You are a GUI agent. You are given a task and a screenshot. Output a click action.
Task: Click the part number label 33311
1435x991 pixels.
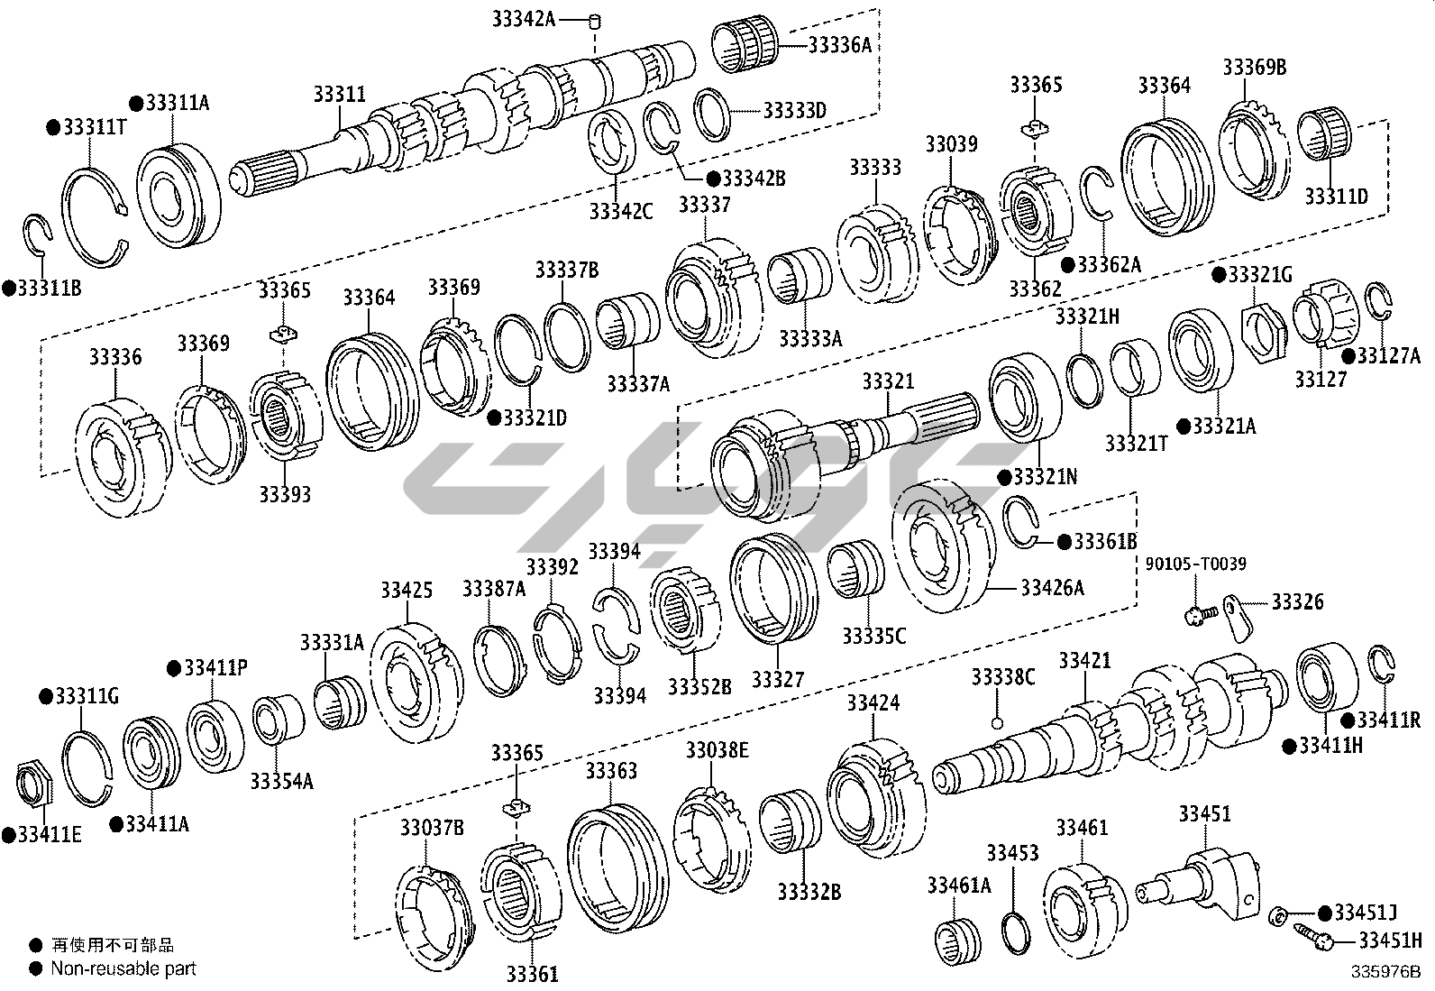point(340,94)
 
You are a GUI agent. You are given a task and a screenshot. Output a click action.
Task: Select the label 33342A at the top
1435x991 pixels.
point(524,19)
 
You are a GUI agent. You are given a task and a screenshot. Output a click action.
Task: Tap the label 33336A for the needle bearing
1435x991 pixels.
point(840,45)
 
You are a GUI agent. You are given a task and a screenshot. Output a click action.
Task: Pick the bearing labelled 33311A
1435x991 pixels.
point(178,195)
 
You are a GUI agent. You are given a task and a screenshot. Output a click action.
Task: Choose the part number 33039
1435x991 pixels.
point(951,144)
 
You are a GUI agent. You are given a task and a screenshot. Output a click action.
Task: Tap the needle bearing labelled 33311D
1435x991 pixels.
point(1324,134)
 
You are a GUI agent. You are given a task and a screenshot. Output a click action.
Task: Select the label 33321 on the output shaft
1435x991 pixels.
point(888,381)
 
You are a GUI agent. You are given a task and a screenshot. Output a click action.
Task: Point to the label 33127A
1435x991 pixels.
point(1389,355)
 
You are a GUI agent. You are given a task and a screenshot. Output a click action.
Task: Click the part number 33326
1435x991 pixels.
point(1297,602)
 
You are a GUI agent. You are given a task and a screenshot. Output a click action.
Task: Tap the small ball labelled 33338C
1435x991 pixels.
point(996,724)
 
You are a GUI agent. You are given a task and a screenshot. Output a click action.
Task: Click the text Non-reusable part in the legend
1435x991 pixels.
point(123,968)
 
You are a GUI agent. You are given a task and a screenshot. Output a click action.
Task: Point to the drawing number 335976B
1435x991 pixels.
point(1385,972)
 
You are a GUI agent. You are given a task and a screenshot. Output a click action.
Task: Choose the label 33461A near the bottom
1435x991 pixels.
point(959,885)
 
